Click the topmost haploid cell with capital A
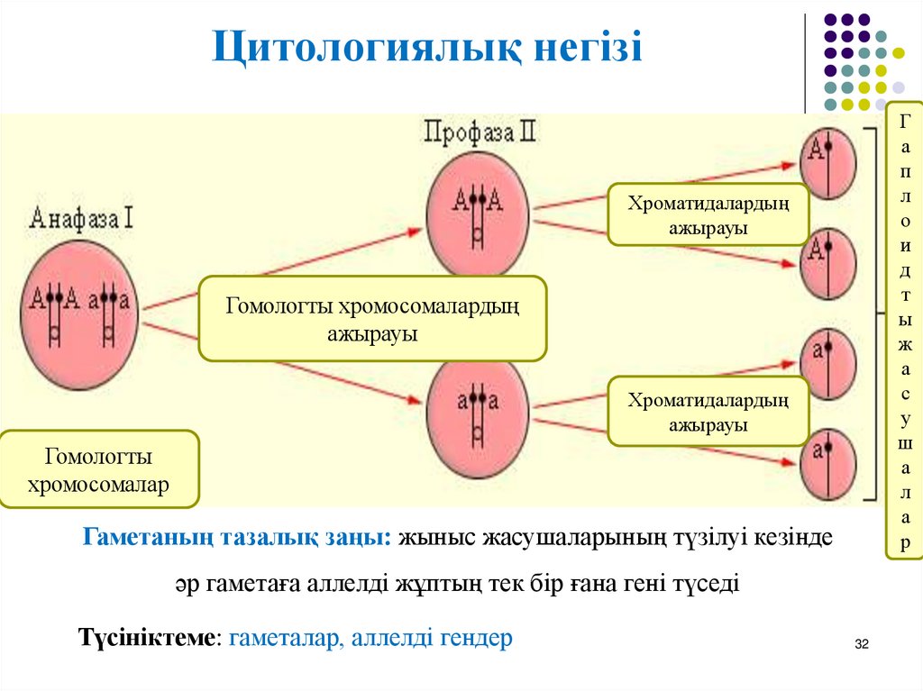tap(827, 163)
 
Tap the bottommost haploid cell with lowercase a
tap(827, 466)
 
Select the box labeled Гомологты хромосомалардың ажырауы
tap(372, 319)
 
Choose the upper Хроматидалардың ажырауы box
tap(708, 214)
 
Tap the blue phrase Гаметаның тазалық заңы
tap(238, 537)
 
